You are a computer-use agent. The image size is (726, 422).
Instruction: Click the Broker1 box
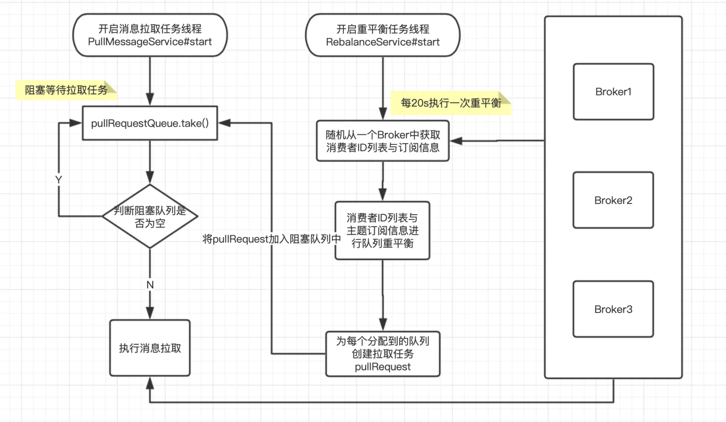[x=613, y=92]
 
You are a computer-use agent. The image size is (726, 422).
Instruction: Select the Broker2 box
[x=613, y=200]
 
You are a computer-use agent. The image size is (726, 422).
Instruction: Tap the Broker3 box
[x=613, y=309]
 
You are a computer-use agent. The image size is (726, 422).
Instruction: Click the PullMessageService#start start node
[x=150, y=35]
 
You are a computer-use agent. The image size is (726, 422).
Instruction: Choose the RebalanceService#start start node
[x=383, y=35]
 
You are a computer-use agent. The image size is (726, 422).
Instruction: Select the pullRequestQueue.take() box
[x=150, y=123]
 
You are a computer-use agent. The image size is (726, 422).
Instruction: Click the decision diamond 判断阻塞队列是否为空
[x=150, y=216]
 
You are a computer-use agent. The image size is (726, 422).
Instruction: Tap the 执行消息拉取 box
[x=150, y=348]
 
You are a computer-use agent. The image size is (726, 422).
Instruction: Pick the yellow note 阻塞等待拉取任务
[x=66, y=90]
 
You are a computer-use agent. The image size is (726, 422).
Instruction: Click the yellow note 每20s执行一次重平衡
[x=451, y=103]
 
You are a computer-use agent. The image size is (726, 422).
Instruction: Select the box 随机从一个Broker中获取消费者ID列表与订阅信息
[x=383, y=141]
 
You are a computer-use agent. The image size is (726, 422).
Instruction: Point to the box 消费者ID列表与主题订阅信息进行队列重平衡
[x=383, y=231]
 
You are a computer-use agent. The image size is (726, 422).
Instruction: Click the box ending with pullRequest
[x=383, y=354]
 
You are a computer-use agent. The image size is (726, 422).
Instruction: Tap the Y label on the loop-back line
[x=59, y=180]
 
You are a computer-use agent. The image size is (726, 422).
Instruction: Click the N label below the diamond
[x=150, y=285]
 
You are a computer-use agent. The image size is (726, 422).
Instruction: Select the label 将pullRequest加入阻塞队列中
[x=272, y=239]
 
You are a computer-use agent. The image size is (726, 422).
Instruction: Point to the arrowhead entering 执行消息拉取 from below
[x=150, y=383]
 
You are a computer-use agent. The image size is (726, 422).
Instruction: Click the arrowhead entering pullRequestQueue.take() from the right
[x=224, y=123]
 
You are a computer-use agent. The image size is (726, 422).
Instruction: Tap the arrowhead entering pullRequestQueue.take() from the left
[x=75, y=123]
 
